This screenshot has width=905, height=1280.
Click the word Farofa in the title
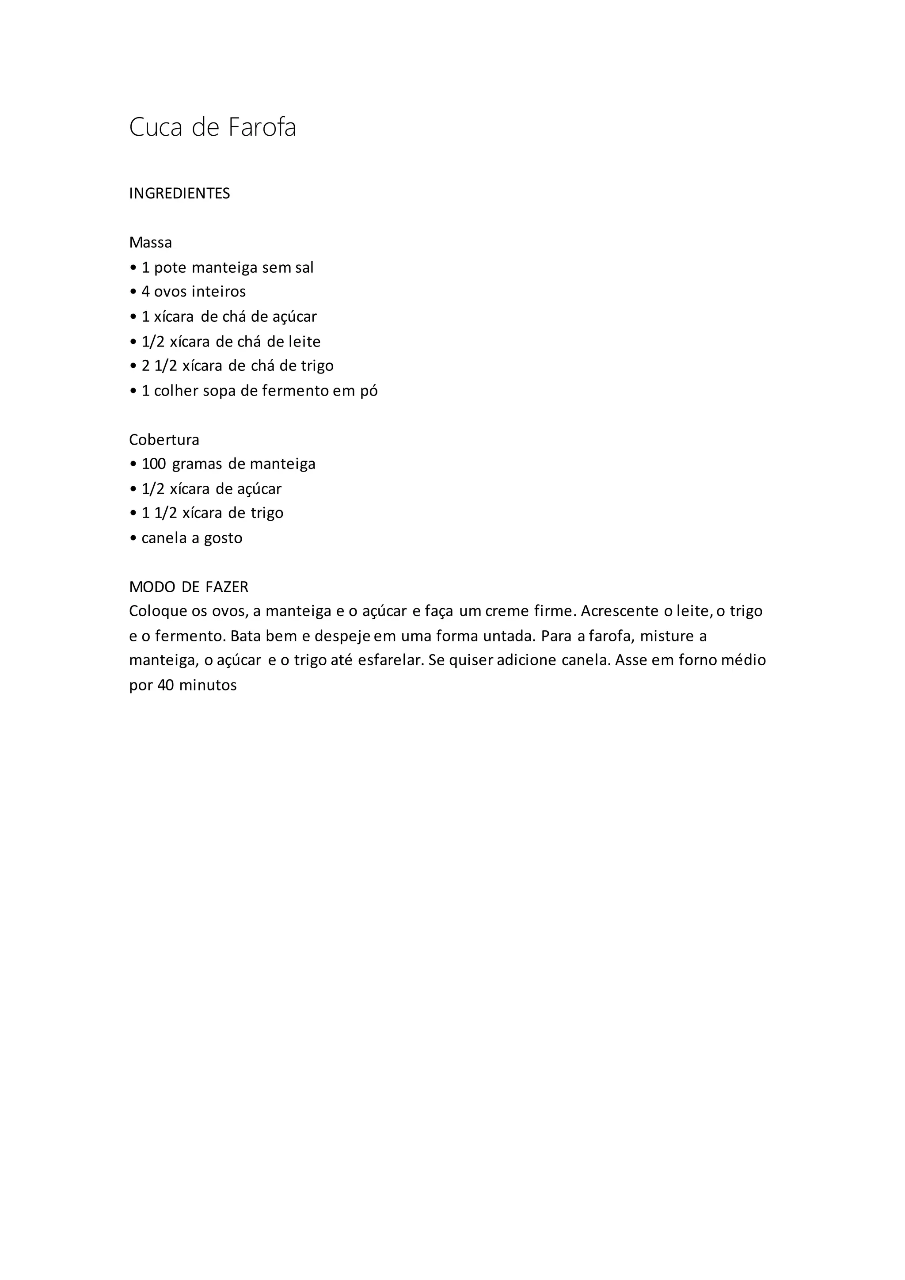click(x=262, y=128)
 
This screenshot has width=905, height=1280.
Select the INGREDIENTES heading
click(x=179, y=194)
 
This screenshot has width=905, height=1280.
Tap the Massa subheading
click(x=150, y=243)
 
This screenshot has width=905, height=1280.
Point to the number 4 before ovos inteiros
click(x=145, y=292)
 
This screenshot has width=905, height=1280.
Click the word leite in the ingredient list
click(x=304, y=341)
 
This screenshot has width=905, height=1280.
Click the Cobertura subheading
click(x=164, y=440)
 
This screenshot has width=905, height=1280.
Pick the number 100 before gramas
click(x=154, y=464)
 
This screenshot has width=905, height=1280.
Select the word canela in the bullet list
click(x=164, y=538)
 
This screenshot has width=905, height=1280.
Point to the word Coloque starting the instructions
click(x=158, y=612)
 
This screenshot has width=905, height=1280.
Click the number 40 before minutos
click(x=166, y=685)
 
